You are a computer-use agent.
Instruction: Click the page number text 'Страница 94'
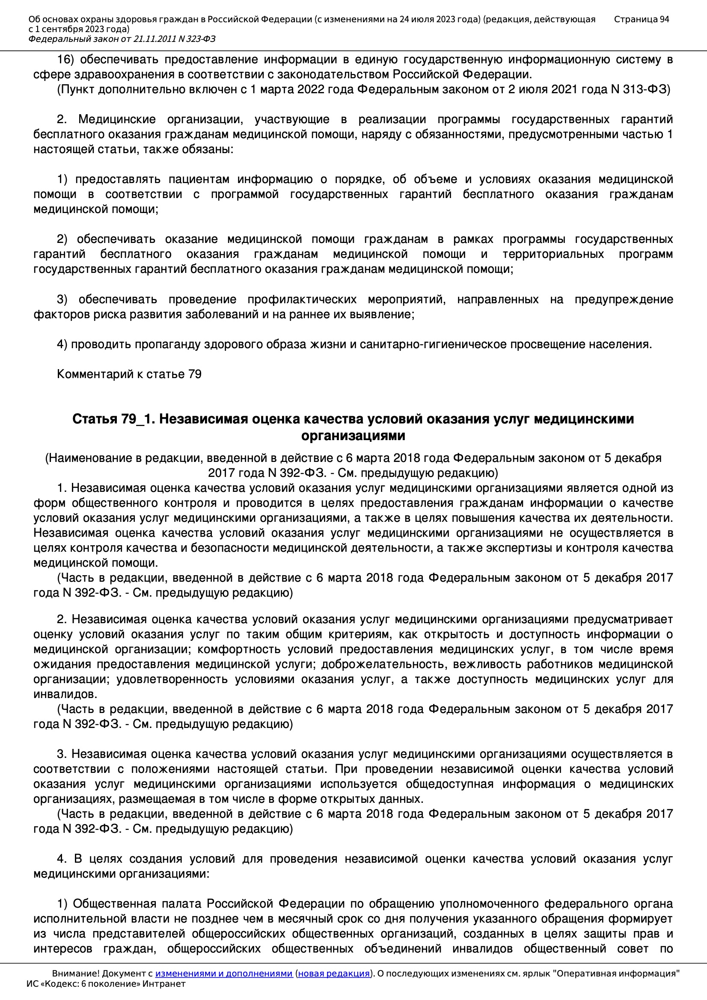[641, 19]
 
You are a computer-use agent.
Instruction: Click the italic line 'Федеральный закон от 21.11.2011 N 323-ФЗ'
[122, 39]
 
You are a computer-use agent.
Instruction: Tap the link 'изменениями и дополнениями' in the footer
[223, 973]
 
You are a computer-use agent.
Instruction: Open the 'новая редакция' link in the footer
[333, 973]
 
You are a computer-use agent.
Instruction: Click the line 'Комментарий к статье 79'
[129, 374]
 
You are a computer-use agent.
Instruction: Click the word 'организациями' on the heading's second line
[353, 435]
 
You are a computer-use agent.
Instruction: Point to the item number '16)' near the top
[65, 60]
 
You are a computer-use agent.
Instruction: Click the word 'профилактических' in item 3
[302, 300]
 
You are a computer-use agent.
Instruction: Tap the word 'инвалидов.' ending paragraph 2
[65, 694]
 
